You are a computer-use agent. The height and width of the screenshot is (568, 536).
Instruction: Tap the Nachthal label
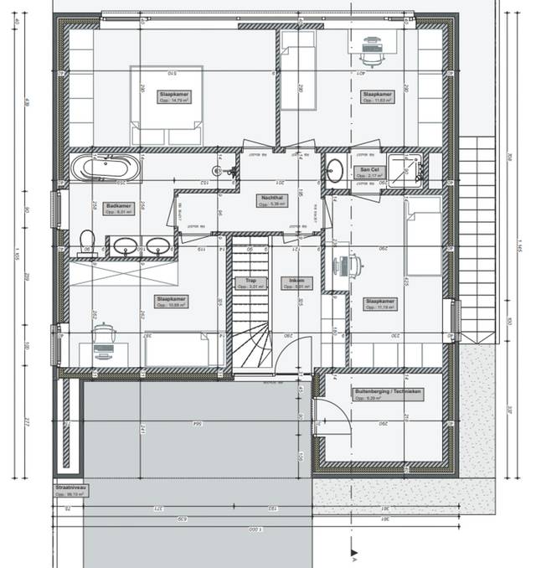click(x=272, y=198)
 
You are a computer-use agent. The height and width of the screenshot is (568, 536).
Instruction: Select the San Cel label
click(x=366, y=169)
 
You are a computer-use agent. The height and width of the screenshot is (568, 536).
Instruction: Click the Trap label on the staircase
click(x=249, y=281)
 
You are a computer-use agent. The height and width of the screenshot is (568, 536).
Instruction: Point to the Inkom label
click(x=296, y=281)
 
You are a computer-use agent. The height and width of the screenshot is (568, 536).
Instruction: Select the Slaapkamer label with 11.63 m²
click(x=377, y=96)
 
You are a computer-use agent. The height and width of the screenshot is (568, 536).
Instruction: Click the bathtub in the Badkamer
click(x=104, y=167)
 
